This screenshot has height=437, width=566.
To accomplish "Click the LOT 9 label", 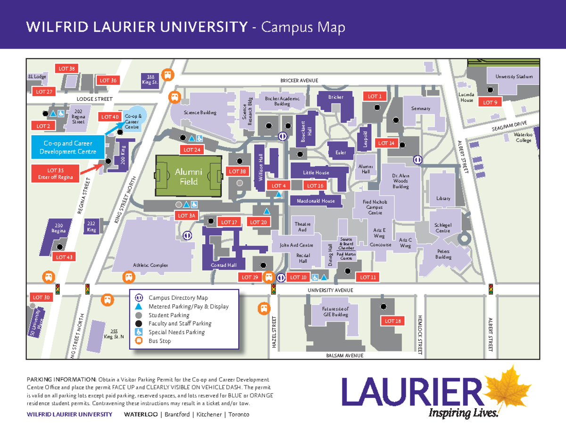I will tap(490, 102).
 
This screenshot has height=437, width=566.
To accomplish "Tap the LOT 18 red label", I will tap(392, 321).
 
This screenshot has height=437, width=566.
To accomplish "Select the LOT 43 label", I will tap(64, 257).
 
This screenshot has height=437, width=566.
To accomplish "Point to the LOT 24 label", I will tap(192, 150).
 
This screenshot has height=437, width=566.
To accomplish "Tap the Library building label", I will tap(443, 198).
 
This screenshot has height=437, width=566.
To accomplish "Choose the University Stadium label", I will tap(514, 76).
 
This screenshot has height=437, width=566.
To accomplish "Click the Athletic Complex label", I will tap(150, 265).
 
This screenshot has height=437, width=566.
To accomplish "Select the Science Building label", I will tap(200, 113).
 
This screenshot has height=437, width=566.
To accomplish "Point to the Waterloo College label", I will tap(523, 137).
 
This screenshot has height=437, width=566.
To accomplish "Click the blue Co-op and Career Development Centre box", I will tap(67, 147).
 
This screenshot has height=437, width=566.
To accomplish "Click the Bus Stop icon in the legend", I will tap(139, 341).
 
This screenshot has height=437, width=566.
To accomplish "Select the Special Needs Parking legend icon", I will tap(139, 332).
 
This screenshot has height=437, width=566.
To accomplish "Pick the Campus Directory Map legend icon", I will tap(139, 297).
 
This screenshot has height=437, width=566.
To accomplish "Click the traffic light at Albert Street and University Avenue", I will tap(491, 289).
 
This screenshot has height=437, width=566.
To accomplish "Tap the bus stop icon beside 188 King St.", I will tap(168, 74).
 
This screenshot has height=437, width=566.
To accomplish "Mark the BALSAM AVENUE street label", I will tap(345, 355).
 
